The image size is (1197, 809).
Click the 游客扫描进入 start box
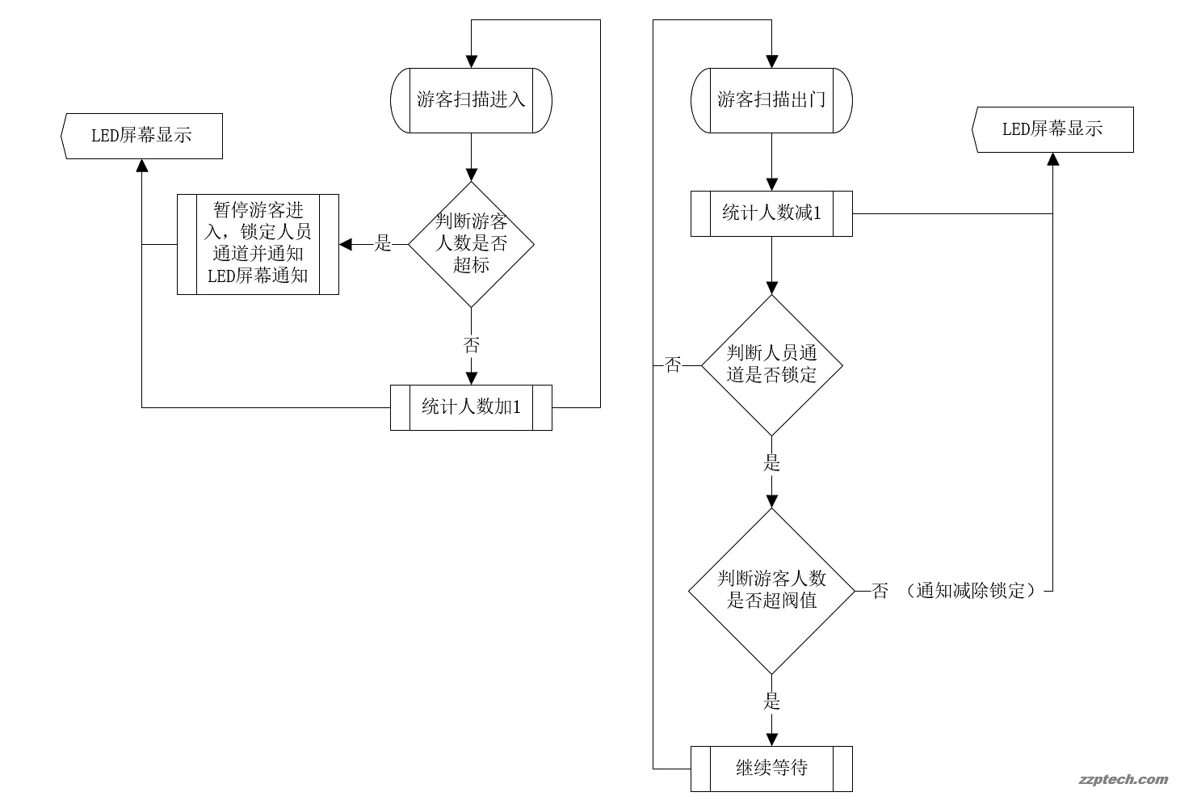471,100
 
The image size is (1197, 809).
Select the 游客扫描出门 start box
771,100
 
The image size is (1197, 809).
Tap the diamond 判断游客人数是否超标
471,244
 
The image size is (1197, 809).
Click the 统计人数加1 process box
471,407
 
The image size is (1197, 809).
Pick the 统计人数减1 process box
771,213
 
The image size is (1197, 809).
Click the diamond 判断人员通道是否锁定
771,365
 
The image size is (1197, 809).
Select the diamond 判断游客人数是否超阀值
771,591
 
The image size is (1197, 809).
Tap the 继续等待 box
771,769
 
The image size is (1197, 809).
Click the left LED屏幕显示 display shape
142,136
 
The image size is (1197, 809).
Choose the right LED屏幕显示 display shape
1052,129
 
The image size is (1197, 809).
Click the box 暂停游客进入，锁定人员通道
258,244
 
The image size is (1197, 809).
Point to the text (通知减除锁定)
970,591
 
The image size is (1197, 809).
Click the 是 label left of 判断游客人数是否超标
383,244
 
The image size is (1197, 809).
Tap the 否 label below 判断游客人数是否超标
471,346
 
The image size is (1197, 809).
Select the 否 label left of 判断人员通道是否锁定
673,365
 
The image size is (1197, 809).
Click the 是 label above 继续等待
771,702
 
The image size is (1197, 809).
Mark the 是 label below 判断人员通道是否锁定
771,464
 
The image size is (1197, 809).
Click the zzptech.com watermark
1123,780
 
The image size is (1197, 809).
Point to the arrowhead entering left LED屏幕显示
142,166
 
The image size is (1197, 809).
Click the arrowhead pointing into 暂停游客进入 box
346,244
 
